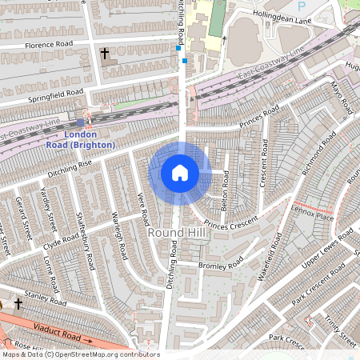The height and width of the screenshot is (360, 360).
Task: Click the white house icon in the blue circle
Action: coord(180,173)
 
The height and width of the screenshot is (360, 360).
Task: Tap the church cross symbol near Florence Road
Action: coord(105,54)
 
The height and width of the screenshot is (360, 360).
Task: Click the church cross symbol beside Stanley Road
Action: coord(18,304)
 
